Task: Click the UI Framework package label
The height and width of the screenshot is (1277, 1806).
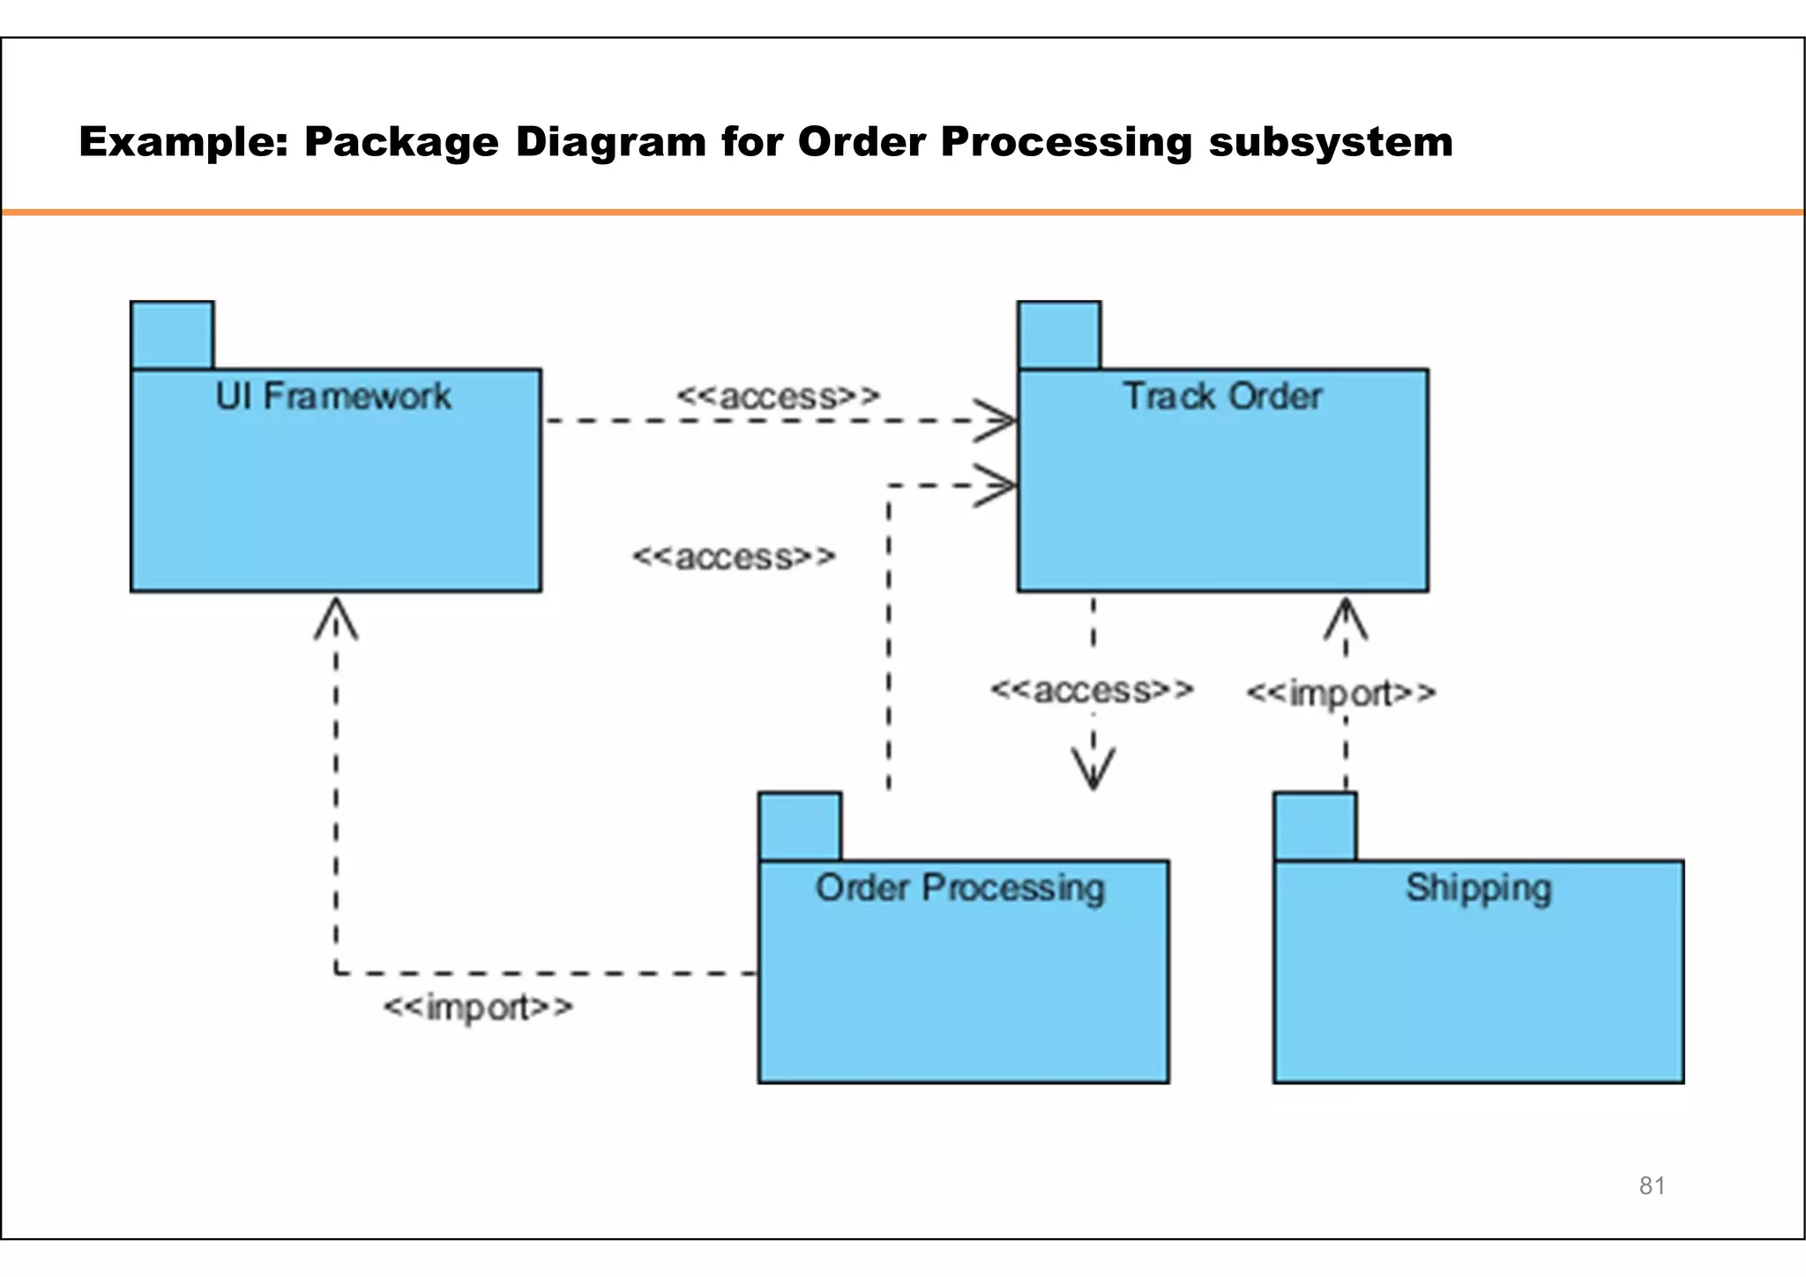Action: pyautogui.click(x=333, y=396)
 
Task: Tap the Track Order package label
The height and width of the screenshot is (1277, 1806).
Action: pyautogui.click(x=1222, y=396)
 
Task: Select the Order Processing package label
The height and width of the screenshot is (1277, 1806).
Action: pyautogui.click(x=959, y=888)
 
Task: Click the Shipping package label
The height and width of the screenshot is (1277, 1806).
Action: pyautogui.click(x=1478, y=888)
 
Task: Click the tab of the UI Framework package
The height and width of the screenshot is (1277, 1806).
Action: pyautogui.click(x=172, y=335)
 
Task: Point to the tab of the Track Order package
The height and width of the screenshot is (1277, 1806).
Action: pyautogui.click(x=1058, y=335)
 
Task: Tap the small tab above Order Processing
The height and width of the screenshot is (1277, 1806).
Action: pyautogui.click(x=800, y=826)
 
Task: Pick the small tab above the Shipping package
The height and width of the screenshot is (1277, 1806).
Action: pyautogui.click(x=1315, y=826)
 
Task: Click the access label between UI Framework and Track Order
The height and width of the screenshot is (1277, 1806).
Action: pyautogui.click(x=778, y=396)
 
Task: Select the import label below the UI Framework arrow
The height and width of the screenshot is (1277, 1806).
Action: pyautogui.click(x=478, y=1007)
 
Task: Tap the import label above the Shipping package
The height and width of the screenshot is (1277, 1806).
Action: pyautogui.click(x=1340, y=693)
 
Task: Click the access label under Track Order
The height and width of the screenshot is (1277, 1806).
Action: pyautogui.click(x=1092, y=690)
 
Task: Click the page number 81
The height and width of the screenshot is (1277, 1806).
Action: pyautogui.click(x=1652, y=1185)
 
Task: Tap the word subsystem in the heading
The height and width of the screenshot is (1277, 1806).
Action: pyautogui.click(x=1330, y=142)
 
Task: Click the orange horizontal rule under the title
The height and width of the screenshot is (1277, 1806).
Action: pyautogui.click(x=903, y=213)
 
